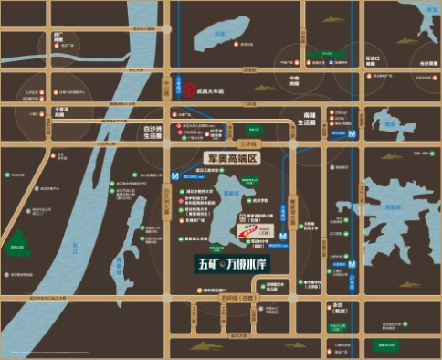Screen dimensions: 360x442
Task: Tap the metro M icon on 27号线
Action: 353,132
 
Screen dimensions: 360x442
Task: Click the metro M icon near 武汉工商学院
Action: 174,172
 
